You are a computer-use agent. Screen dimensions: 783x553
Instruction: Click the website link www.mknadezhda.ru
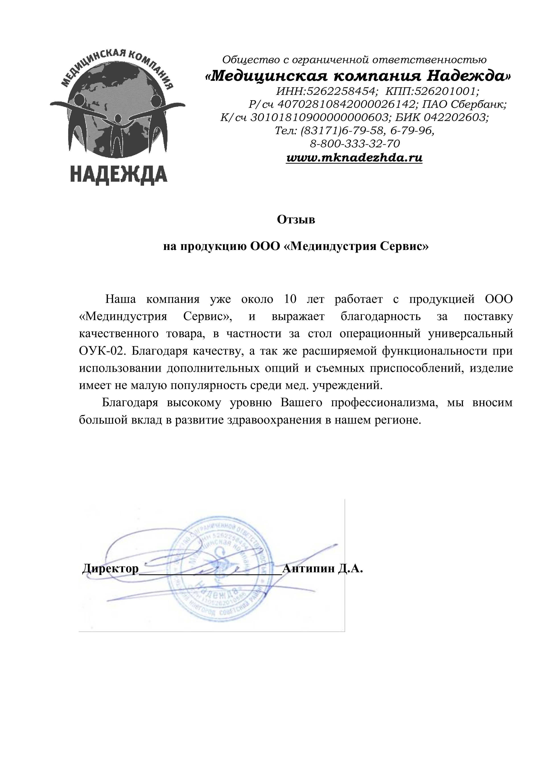[x=354, y=158]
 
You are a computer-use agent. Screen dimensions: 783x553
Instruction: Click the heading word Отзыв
[x=296, y=220]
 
